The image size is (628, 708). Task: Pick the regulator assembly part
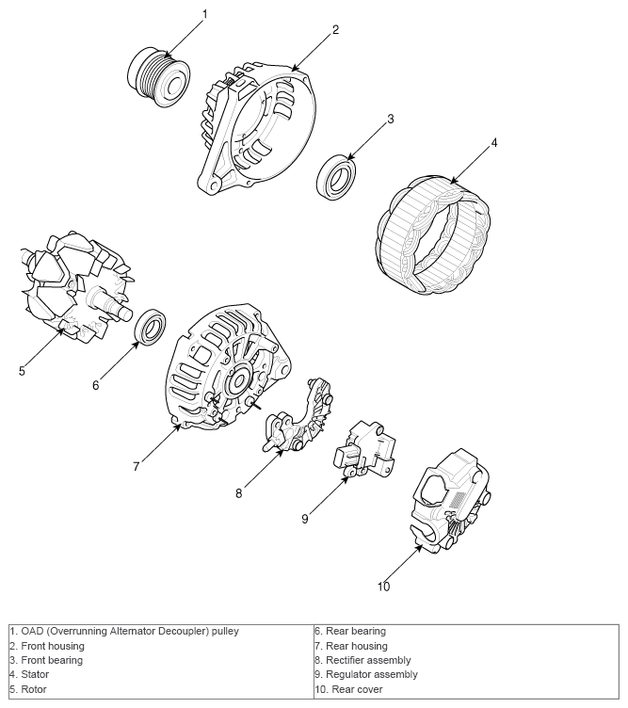pyautogui.click(x=364, y=449)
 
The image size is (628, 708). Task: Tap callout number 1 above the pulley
pyautogui.click(x=204, y=13)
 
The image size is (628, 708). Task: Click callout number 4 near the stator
pyautogui.click(x=493, y=143)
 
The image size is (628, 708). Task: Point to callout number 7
pyautogui.click(x=136, y=466)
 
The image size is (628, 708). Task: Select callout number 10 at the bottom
pyautogui.click(x=383, y=587)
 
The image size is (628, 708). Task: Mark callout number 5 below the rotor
pyautogui.click(x=22, y=371)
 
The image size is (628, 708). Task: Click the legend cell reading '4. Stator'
pyautogui.click(x=30, y=674)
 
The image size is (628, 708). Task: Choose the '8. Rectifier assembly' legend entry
pyautogui.click(x=367, y=660)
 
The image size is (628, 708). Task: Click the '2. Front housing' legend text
pyautogui.click(x=47, y=646)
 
